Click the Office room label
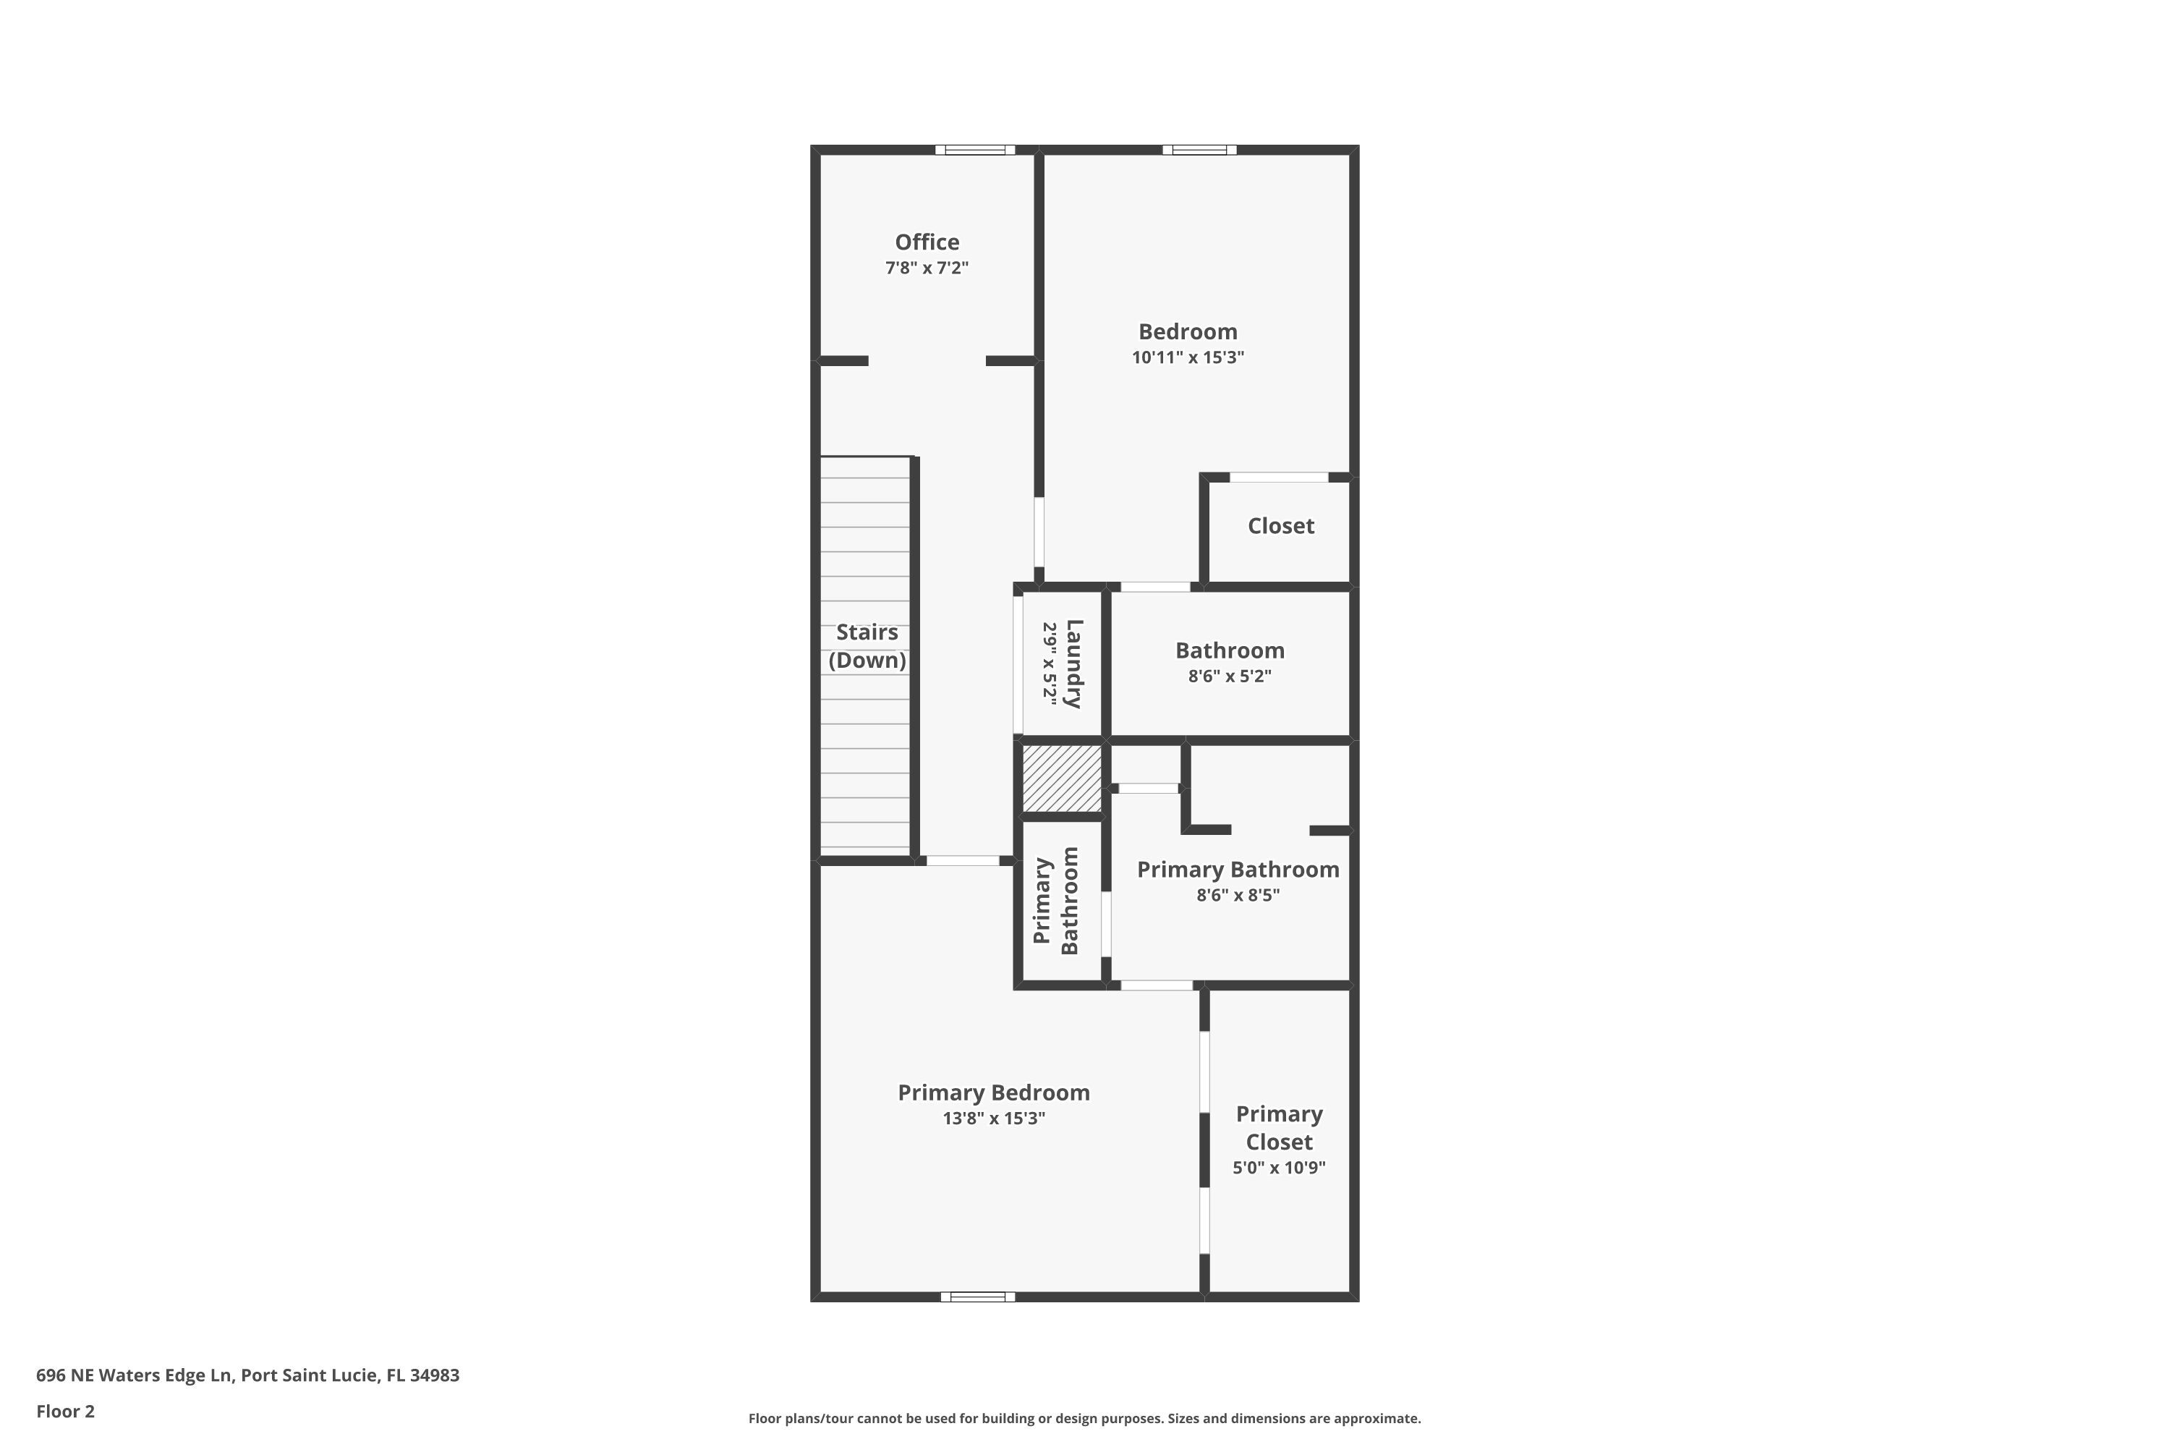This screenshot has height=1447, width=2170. click(x=927, y=242)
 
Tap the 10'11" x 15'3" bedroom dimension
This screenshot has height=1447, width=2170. click(x=1188, y=357)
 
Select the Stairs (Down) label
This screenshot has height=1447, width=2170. click(x=867, y=646)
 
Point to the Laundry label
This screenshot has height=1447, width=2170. click(x=1073, y=663)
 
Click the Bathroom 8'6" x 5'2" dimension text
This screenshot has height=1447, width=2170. click(x=1229, y=676)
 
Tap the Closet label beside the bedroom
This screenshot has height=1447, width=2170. click(x=1280, y=526)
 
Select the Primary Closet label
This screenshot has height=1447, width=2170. click(x=1279, y=1128)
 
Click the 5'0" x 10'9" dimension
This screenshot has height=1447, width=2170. click(x=1279, y=1168)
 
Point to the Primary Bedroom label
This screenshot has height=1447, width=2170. click(x=994, y=1092)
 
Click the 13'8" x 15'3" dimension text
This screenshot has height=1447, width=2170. click(x=994, y=1119)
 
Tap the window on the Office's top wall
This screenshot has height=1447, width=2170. click(x=974, y=150)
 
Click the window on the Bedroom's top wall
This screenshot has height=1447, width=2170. click(x=1199, y=150)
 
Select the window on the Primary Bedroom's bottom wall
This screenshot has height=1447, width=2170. click(x=977, y=1297)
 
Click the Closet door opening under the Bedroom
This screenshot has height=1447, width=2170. click(x=1279, y=477)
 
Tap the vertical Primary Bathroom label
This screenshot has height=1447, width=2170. click(x=1055, y=901)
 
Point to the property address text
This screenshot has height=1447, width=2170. click(x=247, y=1375)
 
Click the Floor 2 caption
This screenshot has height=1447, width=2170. click(x=66, y=1411)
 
